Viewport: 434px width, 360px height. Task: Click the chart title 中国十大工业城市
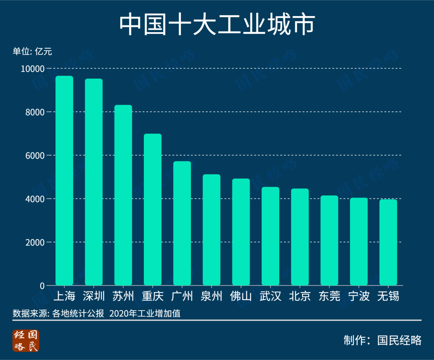click(x=217, y=25)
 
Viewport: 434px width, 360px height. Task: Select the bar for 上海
click(x=64, y=181)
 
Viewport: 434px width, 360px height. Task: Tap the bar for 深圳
click(x=94, y=182)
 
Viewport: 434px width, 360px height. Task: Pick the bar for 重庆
click(x=153, y=210)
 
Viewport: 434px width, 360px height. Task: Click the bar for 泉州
click(x=211, y=230)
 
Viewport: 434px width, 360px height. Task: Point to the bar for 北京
click(x=300, y=237)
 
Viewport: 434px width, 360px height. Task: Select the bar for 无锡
click(x=388, y=243)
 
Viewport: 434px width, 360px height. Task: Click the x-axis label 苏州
click(x=123, y=296)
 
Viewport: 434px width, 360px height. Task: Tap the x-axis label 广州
click(x=182, y=296)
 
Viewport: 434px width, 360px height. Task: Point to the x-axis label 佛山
click(x=241, y=296)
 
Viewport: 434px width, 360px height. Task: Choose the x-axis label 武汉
click(x=270, y=296)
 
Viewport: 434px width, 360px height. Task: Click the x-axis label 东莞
click(x=329, y=296)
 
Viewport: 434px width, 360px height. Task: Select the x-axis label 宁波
click(x=359, y=296)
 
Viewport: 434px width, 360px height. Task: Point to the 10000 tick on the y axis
click(x=33, y=69)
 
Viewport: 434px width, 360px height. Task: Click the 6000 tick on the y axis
click(x=35, y=156)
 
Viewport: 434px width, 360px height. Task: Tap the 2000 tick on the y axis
click(x=35, y=243)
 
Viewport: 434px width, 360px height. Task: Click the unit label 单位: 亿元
click(x=32, y=51)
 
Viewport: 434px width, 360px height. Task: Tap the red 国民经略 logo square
click(x=26, y=341)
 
